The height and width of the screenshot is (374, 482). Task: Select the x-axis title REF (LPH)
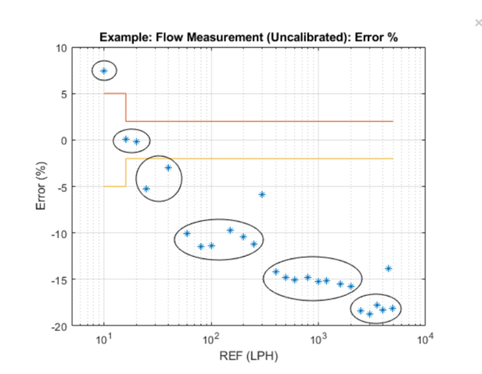pyautogui.click(x=248, y=357)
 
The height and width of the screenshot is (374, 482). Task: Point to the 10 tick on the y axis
pyautogui.click(x=61, y=48)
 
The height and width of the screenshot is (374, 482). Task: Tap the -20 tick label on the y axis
pyautogui.click(x=59, y=326)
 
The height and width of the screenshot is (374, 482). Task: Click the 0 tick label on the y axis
pyautogui.click(x=63, y=141)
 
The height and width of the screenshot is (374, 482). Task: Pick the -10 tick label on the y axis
pyautogui.click(x=59, y=233)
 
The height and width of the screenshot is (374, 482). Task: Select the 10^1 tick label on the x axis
pyautogui.click(x=103, y=339)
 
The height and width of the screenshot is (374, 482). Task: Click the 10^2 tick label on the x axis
pyautogui.click(x=210, y=339)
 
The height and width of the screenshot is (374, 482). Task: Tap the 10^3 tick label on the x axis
pyautogui.click(x=318, y=339)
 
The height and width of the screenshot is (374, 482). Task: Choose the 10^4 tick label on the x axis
pyautogui.click(x=425, y=339)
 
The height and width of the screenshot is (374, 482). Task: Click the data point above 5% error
pyautogui.click(x=103, y=71)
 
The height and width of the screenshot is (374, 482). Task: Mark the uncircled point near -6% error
pyautogui.click(x=262, y=194)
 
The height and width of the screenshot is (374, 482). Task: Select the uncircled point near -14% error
pyautogui.click(x=388, y=269)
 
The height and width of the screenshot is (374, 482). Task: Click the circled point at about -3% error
pyautogui.click(x=167, y=168)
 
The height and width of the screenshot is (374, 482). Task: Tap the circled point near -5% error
pyautogui.click(x=146, y=189)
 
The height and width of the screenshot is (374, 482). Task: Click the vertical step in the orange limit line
pyautogui.click(x=126, y=108)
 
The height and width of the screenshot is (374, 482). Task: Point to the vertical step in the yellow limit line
pyautogui.click(x=126, y=173)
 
